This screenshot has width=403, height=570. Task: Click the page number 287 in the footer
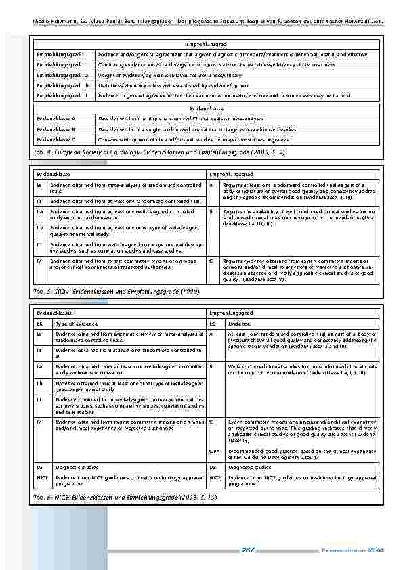(248, 549)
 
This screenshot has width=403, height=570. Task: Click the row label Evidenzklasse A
(56, 118)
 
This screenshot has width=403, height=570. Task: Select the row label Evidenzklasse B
(56, 128)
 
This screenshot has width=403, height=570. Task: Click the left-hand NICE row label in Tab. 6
(41, 477)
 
